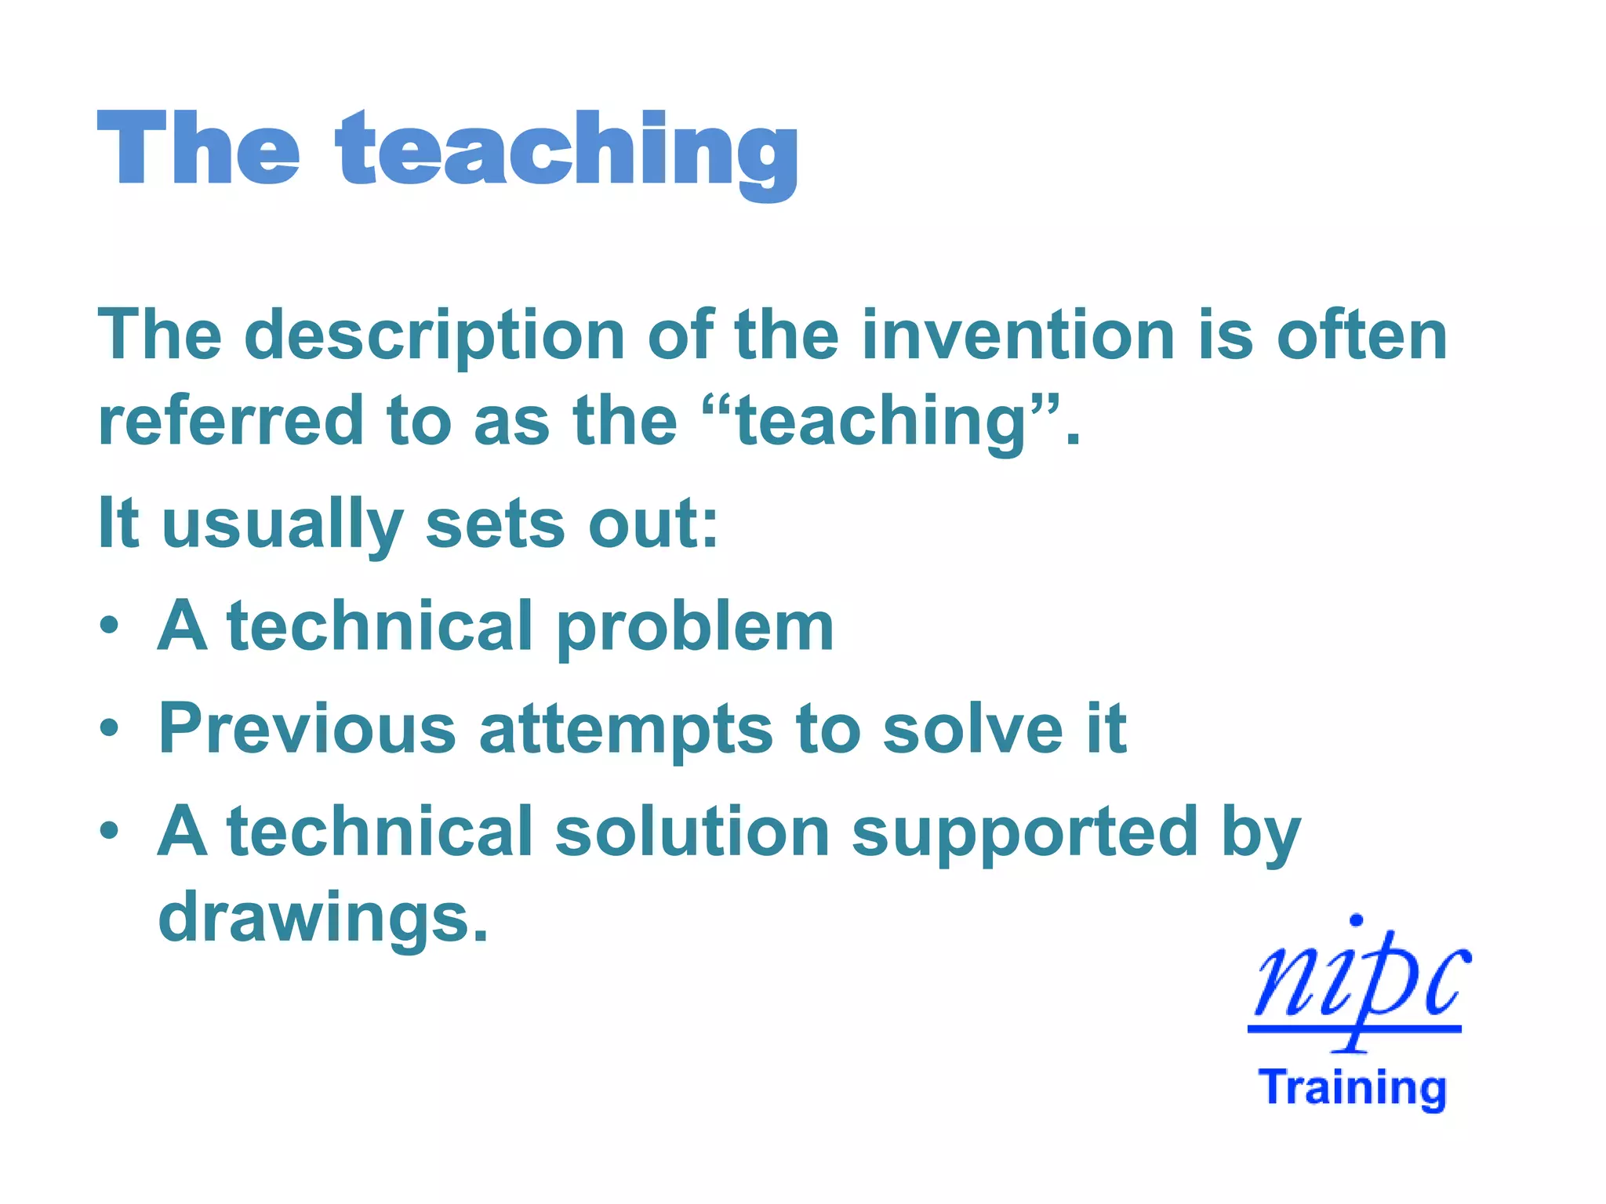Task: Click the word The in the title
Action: click(198, 149)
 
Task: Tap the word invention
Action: click(1018, 335)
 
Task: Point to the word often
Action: click(1361, 335)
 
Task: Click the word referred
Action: click(231, 422)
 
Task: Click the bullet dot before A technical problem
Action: click(110, 626)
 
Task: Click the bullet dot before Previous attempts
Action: click(110, 728)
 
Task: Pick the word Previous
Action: click(307, 729)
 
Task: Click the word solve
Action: click(972, 729)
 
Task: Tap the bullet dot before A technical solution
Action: click(110, 831)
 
